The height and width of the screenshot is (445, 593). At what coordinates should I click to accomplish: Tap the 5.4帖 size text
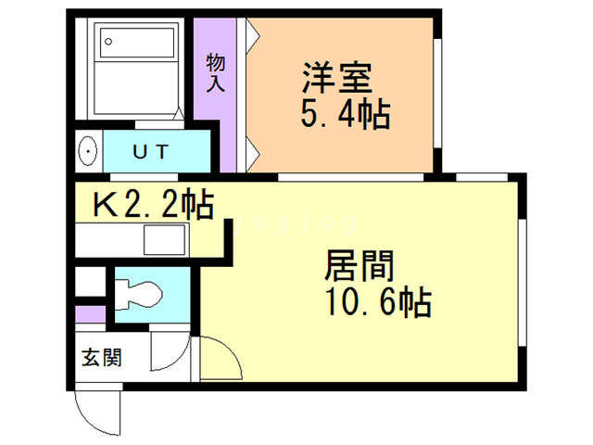coord(344,115)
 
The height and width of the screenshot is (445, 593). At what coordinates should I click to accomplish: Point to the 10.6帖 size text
coord(374,302)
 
